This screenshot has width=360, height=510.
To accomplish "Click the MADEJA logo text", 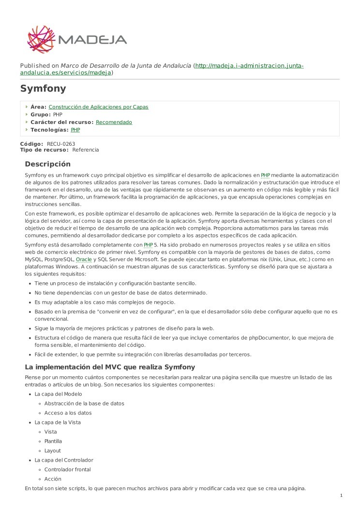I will click(92, 39).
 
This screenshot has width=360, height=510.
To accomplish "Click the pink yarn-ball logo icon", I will click(42, 39).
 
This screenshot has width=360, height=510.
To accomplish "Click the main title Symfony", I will click(43, 89).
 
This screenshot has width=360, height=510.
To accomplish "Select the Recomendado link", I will click(114, 122).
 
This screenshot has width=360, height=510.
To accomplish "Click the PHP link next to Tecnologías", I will click(75, 130).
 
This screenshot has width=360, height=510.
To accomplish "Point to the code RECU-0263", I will click(60, 144).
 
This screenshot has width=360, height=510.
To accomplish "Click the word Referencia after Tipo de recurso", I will click(85, 150).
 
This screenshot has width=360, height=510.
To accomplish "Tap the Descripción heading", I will click(47, 164).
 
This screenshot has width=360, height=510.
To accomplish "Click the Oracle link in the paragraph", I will click(84, 260).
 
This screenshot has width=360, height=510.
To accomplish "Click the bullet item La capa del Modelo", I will click(58, 394).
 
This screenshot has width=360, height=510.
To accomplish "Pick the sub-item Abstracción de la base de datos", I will click(84, 403).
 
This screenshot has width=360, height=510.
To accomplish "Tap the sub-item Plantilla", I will click(53, 441).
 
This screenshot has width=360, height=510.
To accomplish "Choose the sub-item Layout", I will click(52, 450).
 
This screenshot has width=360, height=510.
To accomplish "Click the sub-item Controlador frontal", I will click(67, 469).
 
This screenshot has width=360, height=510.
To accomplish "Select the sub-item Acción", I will click(52, 479).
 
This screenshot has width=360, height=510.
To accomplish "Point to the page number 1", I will click(341, 495).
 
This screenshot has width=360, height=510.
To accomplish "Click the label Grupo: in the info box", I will click(40, 115).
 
